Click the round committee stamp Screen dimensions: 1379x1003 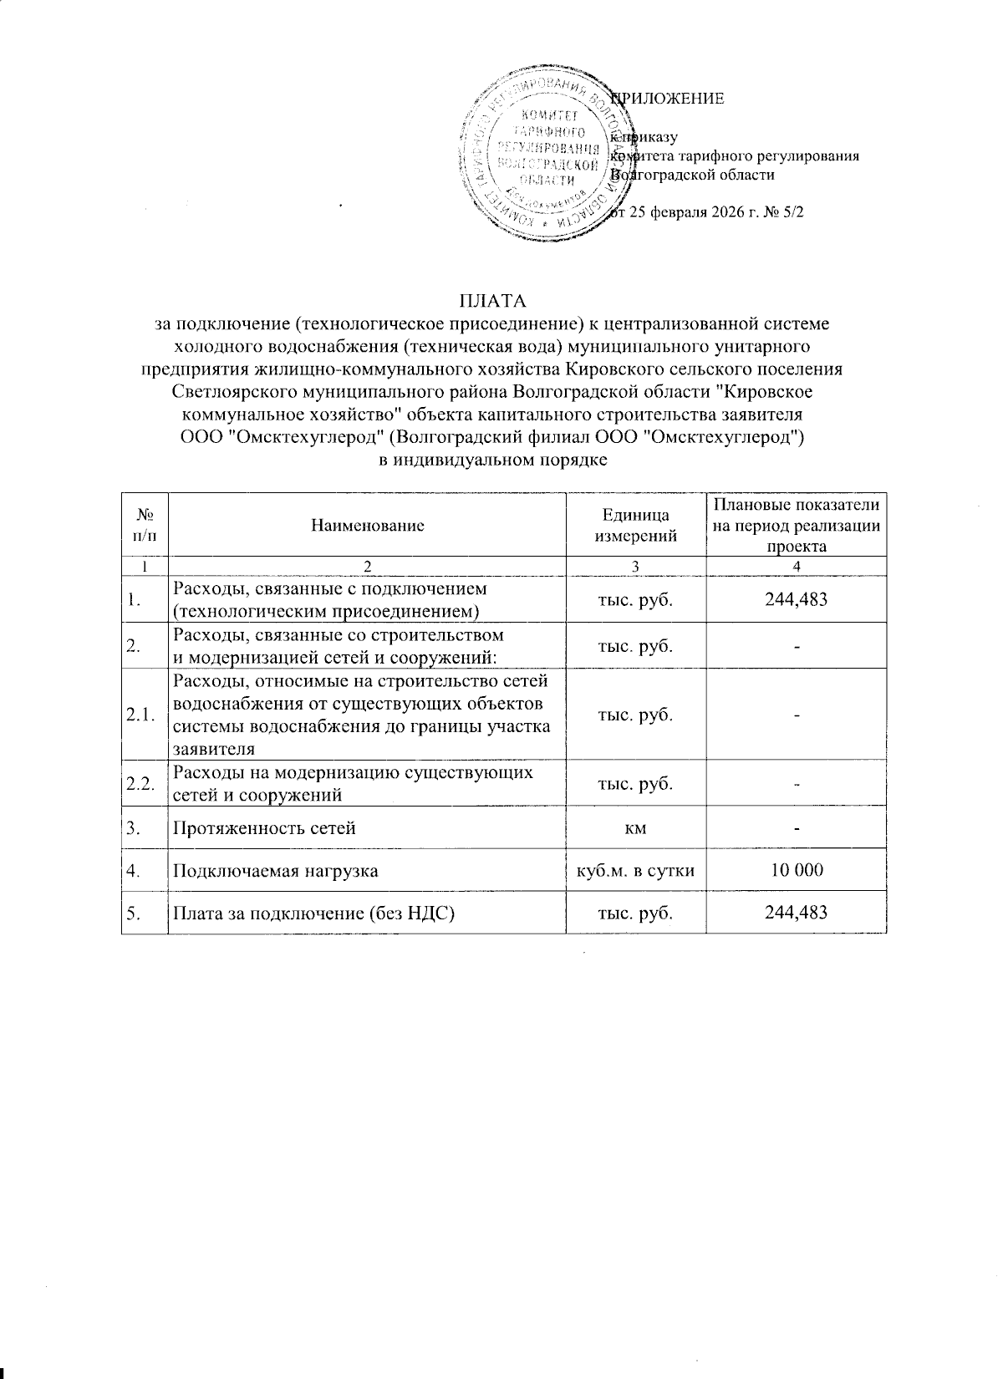pos(545,157)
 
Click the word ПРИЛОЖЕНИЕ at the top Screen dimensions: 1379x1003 pos(669,99)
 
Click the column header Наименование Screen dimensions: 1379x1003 pos(367,526)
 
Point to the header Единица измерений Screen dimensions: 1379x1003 pos(634,526)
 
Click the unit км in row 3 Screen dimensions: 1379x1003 pos(634,828)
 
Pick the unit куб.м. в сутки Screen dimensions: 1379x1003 pos(634,870)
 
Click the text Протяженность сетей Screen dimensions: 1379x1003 pos(264,828)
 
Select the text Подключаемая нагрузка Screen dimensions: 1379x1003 pos(275,870)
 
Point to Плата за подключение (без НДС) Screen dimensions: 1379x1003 pos(313,912)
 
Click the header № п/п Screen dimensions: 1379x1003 pos(143,526)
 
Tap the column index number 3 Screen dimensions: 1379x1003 pos(634,566)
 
